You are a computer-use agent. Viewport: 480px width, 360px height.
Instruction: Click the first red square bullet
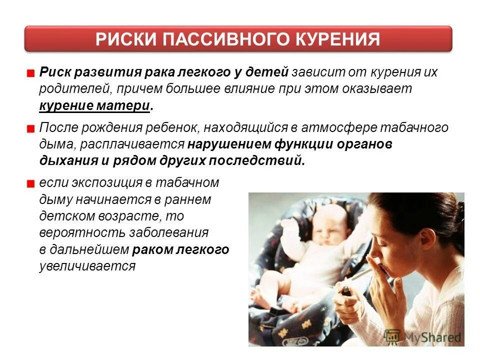click(30, 73)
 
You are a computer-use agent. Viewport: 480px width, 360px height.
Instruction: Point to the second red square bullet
click(30, 128)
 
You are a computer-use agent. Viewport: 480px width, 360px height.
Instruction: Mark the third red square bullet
click(30, 184)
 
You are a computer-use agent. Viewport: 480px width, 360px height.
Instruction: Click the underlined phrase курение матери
click(94, 106)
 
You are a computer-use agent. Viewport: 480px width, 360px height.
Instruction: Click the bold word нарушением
click(229, 144)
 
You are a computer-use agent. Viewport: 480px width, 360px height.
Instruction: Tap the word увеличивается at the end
click(87, 266)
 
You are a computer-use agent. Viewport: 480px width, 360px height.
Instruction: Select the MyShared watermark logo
click(422, 337)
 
